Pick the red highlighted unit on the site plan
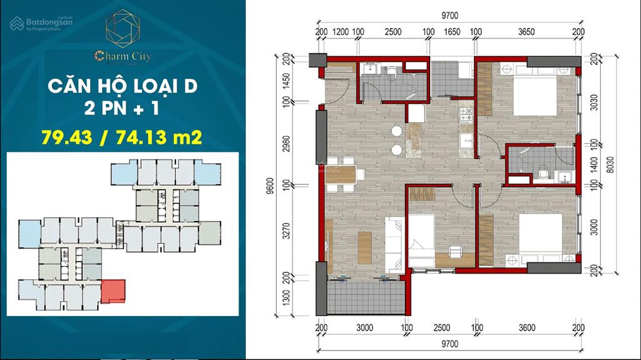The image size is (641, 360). click(x=113, y=291)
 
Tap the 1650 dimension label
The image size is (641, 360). click(x=452, y=32)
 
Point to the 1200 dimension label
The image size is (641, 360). click(x=340, y=32)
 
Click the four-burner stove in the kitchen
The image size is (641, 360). click(x=466, y=115)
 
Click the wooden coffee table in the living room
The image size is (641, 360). click(x=364, y=244)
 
